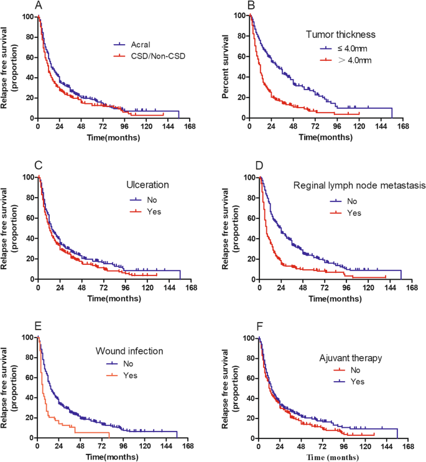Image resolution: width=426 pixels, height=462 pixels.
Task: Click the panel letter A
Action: coord(39,5)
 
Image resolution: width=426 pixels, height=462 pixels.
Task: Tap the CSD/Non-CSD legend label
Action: coord(158,56)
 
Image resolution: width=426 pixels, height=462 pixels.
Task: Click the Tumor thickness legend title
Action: coord(341,34)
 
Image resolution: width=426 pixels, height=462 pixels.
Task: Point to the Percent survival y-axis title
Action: coord(225,67)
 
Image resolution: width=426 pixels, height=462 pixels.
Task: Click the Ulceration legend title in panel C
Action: coord(147,185)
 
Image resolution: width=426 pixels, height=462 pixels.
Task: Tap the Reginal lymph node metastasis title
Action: coord(359,185)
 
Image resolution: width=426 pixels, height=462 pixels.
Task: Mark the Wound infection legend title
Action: coord(129,351)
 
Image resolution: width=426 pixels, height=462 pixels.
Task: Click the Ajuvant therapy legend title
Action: coord(351,358)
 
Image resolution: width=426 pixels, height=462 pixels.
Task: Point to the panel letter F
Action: coord(259,326)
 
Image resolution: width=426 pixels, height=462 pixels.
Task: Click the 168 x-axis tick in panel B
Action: coord(403,126)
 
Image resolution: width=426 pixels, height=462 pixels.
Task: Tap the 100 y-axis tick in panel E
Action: coord(28,337)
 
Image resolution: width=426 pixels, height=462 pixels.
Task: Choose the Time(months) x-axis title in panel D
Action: coord(335,298)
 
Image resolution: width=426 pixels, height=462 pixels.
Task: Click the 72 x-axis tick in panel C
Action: coord(104,287)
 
